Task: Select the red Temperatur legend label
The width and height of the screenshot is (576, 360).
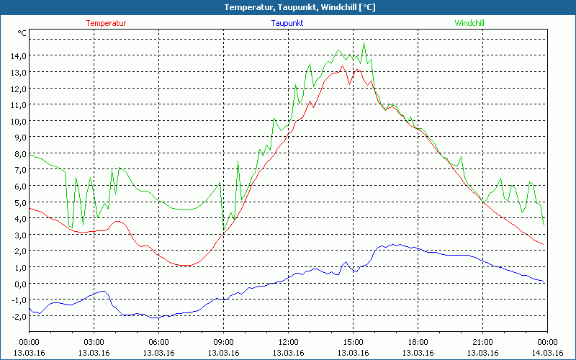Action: (x=106, y=23)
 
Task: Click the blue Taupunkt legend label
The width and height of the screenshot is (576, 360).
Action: (x=287, y=23)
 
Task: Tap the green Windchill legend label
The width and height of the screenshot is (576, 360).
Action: (x=469, y=23)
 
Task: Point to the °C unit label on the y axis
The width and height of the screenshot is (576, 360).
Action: (x=22, y=33)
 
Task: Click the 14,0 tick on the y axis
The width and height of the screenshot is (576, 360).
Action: (x=19, y=56)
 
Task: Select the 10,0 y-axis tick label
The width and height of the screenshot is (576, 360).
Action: (x=19, y=121)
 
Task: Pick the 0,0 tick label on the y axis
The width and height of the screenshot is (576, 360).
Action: (x=19, y=284)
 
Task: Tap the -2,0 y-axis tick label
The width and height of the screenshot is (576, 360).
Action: (x=18, y=316)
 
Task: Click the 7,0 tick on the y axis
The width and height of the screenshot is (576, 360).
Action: (x=19, y=170)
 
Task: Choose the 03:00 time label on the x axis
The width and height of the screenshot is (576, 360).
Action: (x=94, y=342)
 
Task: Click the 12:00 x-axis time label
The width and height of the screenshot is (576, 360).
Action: (x=288, y=342)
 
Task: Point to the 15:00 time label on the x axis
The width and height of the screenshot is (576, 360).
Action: (x=353, y=342)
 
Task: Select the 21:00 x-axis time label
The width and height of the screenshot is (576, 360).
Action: (x=482, y=342)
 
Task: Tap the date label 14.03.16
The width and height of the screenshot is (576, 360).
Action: (x=547, y=352)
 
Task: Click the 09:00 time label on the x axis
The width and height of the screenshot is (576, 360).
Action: (x=223, y=342)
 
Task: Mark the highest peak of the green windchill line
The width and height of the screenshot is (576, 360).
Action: (x=364, y=43)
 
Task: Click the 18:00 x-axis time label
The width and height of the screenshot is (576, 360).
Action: (x=418, y=342)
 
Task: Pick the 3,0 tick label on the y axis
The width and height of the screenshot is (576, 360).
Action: (x=19, y=235)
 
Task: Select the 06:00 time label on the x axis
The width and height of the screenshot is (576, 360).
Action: (x=158, y=342)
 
